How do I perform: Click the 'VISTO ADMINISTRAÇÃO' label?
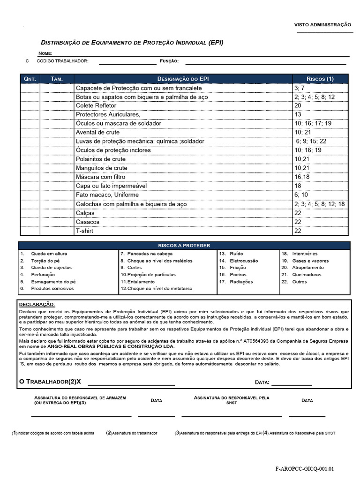tap(322, 24)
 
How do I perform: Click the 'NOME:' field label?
tap(45, 53)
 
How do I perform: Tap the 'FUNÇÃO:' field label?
tap(169, 61)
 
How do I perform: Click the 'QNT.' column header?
tap(30, 79)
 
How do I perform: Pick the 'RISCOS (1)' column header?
tap(320, 79)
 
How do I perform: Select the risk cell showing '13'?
tap(298, 115)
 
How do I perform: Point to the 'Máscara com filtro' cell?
tap(100, 177)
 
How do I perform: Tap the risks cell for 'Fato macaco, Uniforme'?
tap(301, 195)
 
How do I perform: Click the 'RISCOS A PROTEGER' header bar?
tap(184, 245)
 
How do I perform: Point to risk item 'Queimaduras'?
tap(307, 275)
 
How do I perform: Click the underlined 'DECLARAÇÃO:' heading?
tap(37, 304)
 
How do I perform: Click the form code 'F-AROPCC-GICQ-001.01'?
tap(305, 468)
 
